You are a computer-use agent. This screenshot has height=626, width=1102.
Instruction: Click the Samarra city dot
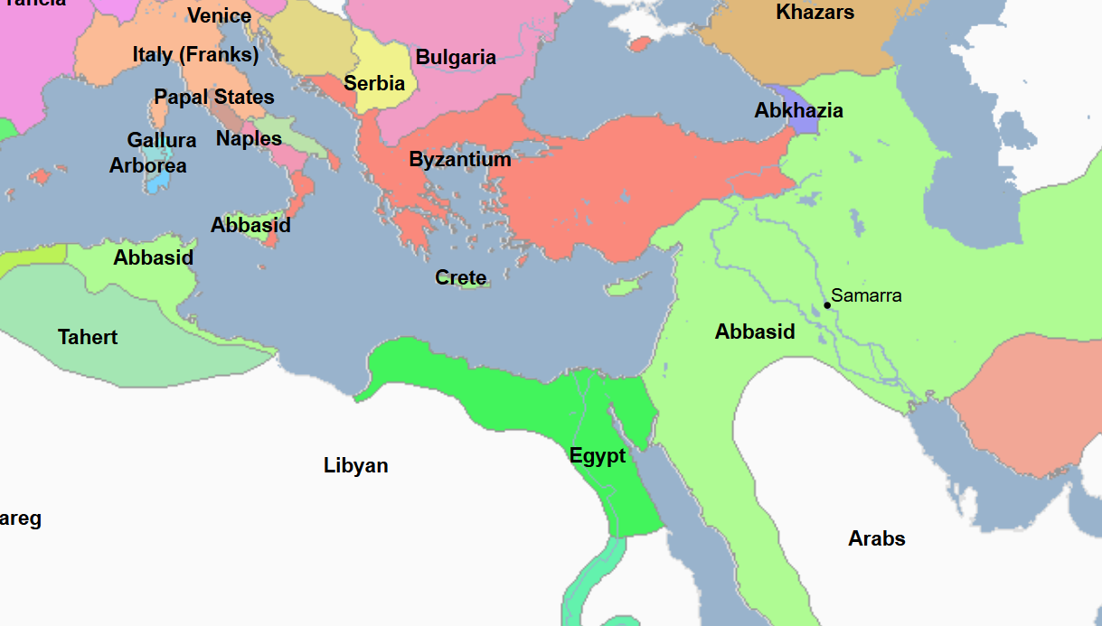click(827, 305)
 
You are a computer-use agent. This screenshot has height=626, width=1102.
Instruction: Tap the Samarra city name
click(866, 295)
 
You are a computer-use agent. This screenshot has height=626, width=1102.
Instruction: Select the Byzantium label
click(460, 160)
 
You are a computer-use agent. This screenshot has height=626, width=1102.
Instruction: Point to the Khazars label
click(815, 13)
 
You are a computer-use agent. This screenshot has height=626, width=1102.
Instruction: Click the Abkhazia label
click(799, 111)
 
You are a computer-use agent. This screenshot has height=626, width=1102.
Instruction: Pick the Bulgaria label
click(456, 58)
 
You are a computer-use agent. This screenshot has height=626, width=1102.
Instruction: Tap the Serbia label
click(374, 84)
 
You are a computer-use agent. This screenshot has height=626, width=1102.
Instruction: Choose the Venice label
click(219, 16)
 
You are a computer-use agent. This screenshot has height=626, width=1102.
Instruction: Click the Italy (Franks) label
click(195, 55)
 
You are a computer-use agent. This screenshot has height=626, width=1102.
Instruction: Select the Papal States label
click(214, 98)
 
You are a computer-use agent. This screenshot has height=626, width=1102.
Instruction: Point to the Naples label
click(249, 139)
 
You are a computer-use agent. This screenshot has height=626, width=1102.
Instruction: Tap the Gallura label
click(162, 141)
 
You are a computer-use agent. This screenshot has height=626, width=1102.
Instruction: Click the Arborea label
click(148, 166)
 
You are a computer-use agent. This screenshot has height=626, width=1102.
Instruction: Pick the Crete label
click(461, 278)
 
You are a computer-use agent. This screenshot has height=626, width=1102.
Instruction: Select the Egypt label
click(598, 456)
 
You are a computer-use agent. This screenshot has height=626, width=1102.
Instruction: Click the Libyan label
click(356, 466)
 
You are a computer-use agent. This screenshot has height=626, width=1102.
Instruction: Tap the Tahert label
click(88, 338)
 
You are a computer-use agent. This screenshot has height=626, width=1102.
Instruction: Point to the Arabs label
click(877, 539)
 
